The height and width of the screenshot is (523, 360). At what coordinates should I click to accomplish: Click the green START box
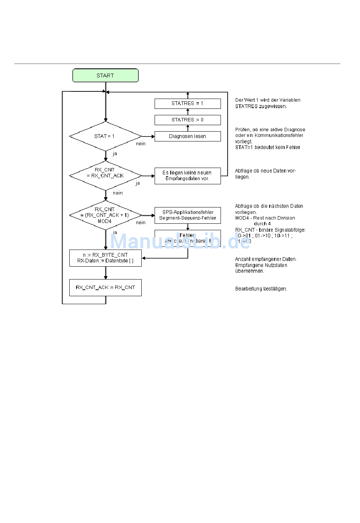tap(105, 75)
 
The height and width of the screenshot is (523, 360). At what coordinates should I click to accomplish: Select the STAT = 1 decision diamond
tap(105, 136)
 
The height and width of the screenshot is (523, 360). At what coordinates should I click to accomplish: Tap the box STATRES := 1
tap(188, 104)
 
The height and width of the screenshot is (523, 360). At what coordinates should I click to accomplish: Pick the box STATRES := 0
tap(188, 120)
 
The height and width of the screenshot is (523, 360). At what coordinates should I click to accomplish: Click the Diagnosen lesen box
tap(188, 136)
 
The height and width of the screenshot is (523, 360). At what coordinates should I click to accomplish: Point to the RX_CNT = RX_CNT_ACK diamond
tap(105, 176)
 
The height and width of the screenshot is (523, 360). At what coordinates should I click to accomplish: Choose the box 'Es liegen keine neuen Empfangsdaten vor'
tap(188, 176)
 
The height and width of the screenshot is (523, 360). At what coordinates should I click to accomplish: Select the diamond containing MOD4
tap(105, 215)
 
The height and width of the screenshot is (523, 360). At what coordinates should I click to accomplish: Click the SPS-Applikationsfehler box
tap(188, 215)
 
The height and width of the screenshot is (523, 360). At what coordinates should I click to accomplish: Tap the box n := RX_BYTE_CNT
tap(105, 258)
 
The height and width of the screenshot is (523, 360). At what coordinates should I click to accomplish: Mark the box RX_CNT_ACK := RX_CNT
tap(105, 287)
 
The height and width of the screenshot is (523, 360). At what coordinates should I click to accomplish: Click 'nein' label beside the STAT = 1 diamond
tap(141, 144)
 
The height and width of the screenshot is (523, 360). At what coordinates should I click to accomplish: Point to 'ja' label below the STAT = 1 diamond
tap(114, 154)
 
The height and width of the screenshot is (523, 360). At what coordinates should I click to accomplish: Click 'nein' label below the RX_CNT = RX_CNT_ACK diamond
tap(118, 193)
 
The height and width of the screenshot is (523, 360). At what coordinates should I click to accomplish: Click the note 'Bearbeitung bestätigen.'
tap(261, 289)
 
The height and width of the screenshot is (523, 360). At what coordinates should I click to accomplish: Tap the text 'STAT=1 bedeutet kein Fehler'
tap(268, 148)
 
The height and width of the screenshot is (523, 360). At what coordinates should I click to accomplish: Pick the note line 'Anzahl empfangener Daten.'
tap(266, 259)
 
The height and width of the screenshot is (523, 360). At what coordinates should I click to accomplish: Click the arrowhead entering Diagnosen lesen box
tap(153, 137)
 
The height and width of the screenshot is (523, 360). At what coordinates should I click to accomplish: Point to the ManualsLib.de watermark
tap(180, 241)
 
